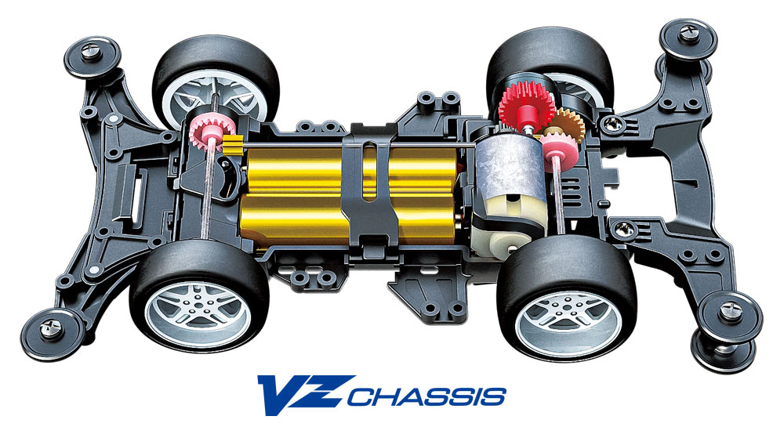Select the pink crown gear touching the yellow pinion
pyautogui.click(x=206, y=128)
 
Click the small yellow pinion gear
pyautogui.click(x=233, y=144)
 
